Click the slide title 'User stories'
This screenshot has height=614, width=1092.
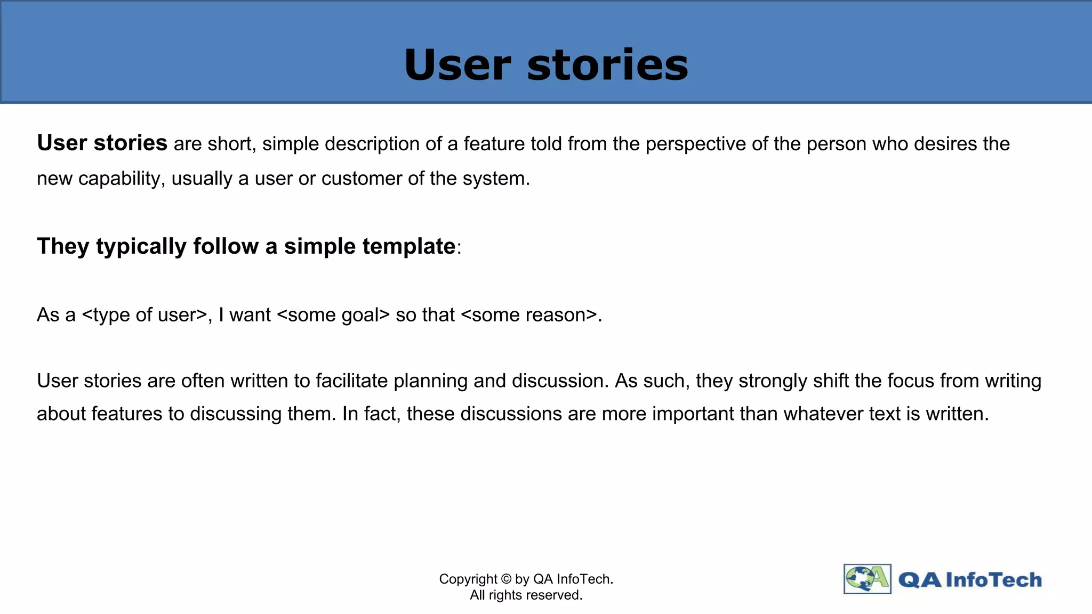[x=546, y=65]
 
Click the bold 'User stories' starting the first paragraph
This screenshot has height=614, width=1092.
[x=102, y=143]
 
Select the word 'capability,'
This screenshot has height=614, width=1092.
[x=122, y=179]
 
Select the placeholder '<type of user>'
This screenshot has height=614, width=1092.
[x=144, y=315]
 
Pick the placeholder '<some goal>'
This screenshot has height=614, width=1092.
[x=334, y=315]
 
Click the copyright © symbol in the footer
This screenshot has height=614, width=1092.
[x=507, y=579]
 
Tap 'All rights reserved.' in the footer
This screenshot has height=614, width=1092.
[x=526, y=595]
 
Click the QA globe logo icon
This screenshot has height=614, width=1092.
[x=867, y=579]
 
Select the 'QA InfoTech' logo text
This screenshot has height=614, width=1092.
[x=969, y=580]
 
